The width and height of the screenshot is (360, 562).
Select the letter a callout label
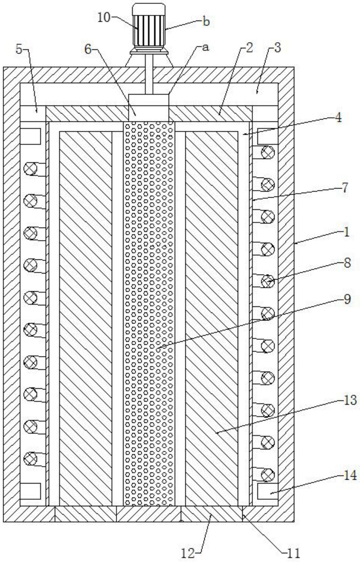(x=206, y=48)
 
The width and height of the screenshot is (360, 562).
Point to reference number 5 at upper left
(x=19, y=49)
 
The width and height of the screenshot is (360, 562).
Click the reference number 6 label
(x=88, y=49)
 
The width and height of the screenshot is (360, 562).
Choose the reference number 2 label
(x=249, y=48)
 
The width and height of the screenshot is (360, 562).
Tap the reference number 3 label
(x=278, y=48)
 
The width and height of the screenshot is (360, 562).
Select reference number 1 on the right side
(x=346, y=233)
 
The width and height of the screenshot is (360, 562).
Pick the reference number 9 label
(x=347, y=299)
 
